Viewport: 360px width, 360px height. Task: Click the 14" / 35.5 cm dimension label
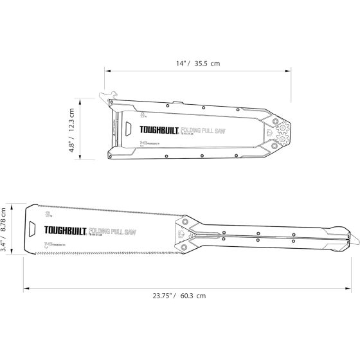[198, 64]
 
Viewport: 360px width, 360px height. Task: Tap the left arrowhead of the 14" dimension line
[106, 73]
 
